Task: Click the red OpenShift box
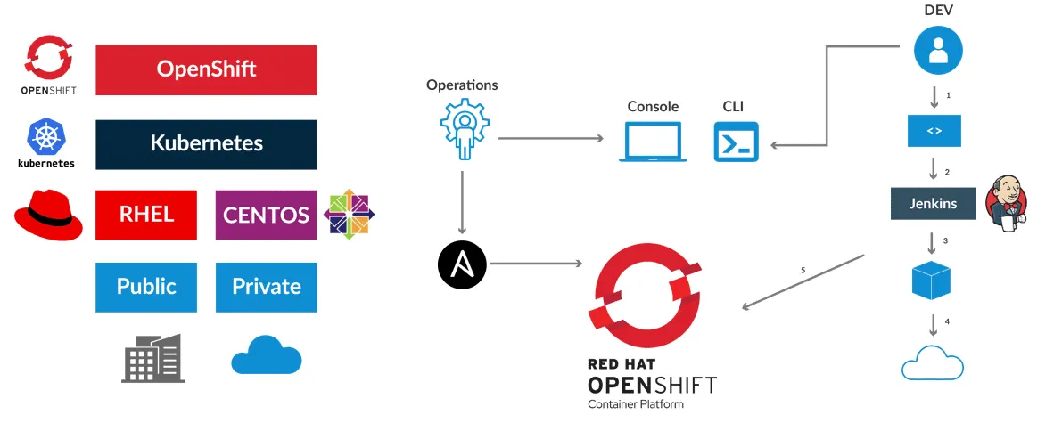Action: click(206, 69)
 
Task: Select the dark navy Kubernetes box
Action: click(206, 144)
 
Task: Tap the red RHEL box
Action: click(146, 215)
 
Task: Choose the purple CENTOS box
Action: click(266, 215)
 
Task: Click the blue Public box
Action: click(146, 287)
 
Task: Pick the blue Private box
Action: click(266, 287)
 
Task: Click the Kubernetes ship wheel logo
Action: click(45, 137)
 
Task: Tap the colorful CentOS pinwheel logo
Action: click(349, 215)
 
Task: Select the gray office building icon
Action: click(152, 359)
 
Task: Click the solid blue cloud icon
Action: click(266, 357)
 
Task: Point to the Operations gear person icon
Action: click(462, 129)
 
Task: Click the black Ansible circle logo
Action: click(462, 264)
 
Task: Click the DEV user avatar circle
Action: click(937, 50)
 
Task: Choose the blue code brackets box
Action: click(934, 131)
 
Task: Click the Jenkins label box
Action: click(933, 204)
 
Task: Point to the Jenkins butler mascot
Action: click(1006, 204)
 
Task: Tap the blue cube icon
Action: click(932, 281)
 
